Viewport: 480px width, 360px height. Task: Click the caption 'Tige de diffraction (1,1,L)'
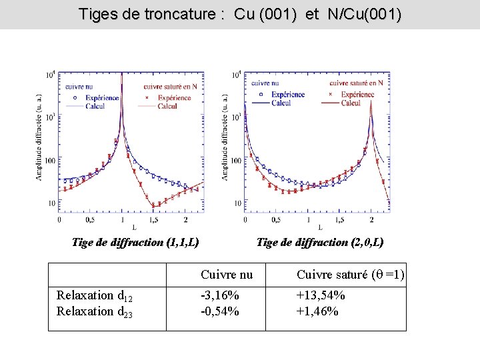point(135,243)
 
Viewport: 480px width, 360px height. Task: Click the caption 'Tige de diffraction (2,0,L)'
point(320,243)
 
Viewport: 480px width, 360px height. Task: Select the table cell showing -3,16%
point(220,295)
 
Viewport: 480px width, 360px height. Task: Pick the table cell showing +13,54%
point(321,295)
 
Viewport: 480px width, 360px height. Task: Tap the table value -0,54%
point(220,311)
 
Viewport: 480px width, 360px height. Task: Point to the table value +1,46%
point(317,311)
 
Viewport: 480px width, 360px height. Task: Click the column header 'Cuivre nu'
point(227,275)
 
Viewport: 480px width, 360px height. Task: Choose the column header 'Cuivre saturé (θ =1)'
point(350,275)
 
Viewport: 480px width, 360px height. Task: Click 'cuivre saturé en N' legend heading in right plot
point(356,83)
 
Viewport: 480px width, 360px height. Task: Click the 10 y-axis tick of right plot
point(238,203)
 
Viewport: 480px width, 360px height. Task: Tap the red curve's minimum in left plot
point(153,205)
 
